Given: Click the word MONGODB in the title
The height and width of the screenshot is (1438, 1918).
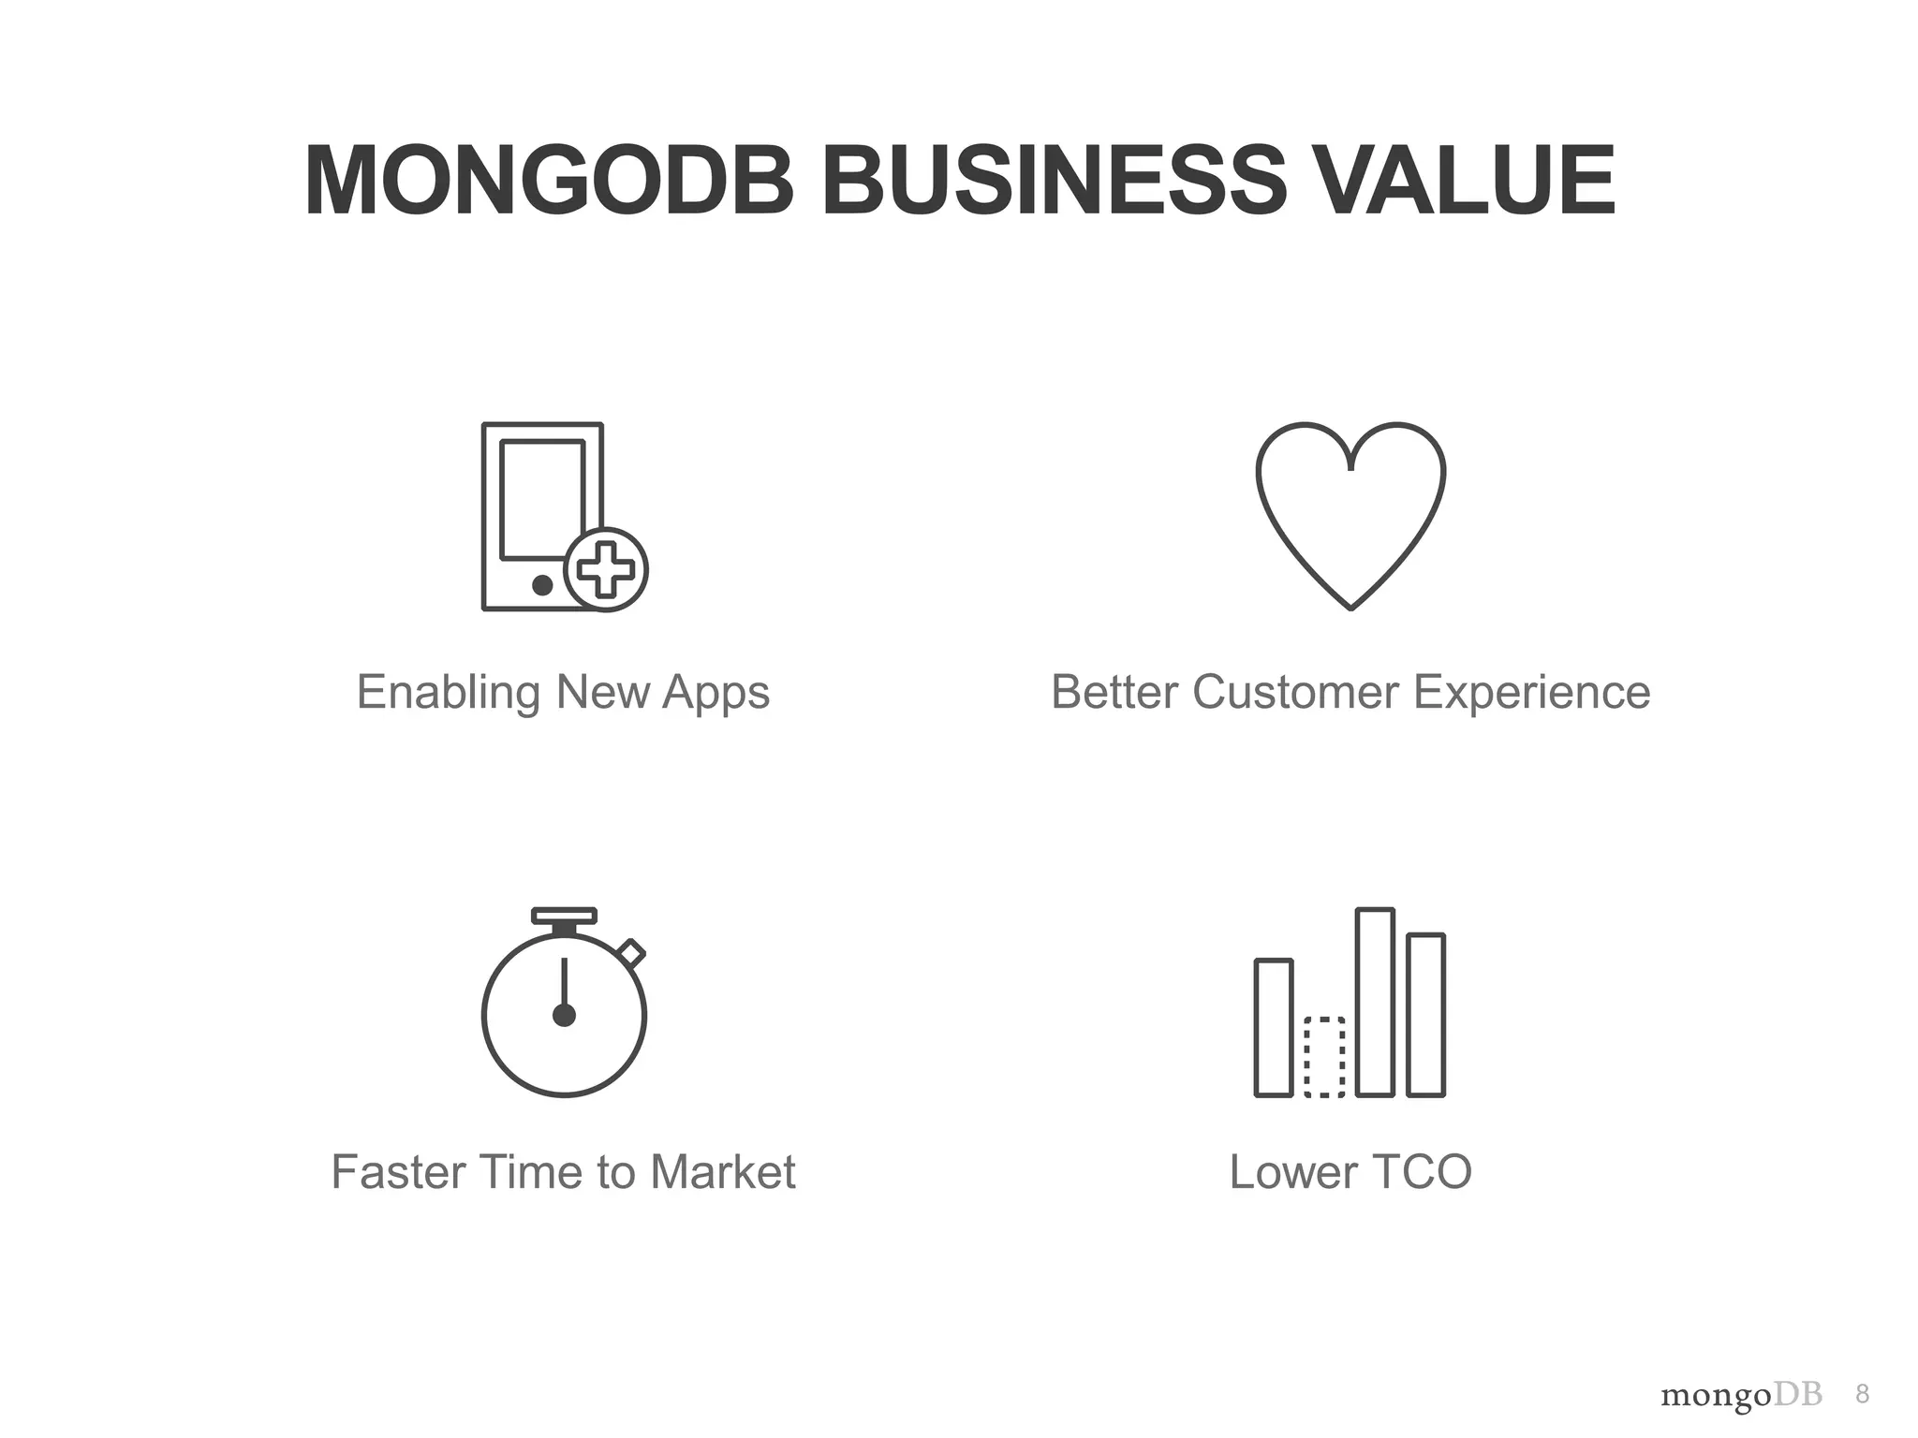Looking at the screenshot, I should coord(550,182).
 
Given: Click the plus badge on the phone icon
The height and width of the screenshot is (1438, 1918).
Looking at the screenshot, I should coord(606,570).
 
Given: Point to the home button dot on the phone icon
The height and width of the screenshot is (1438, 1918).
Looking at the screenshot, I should coord(541,585).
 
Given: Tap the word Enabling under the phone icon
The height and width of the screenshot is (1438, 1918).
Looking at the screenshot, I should coord(449,693).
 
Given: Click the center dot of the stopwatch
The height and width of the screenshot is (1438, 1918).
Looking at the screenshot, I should coord(564,1015).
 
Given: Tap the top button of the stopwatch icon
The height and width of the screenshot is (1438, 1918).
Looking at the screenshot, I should coord(564,916).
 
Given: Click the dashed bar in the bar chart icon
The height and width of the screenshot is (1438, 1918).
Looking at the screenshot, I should coord(1324,1056).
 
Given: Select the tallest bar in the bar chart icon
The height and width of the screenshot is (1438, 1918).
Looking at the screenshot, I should coord(1375,1002).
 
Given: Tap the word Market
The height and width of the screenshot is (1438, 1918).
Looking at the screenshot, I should coord(722,1172).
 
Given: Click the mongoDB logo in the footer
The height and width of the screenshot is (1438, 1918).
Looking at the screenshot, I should coord(1741,1396).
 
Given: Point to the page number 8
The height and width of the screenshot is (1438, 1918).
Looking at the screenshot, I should coord(1862,1395).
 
